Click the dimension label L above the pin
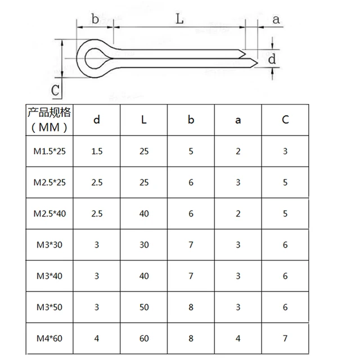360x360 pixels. (x=179, y=19)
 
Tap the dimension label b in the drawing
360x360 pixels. (x=95, y=19)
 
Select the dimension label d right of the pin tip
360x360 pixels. (x=272, y=58)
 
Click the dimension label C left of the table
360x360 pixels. (x=55, y=89)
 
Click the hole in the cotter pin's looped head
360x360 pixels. (x=95, y=57)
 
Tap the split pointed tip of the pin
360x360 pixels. (x=251, y=57)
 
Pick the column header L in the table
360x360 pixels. (x=144, y=119)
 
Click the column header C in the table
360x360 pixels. (x=285, y=119)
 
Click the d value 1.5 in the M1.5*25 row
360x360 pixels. (x=97, y=151)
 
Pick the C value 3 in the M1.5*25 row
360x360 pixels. (x=285, y=151)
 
